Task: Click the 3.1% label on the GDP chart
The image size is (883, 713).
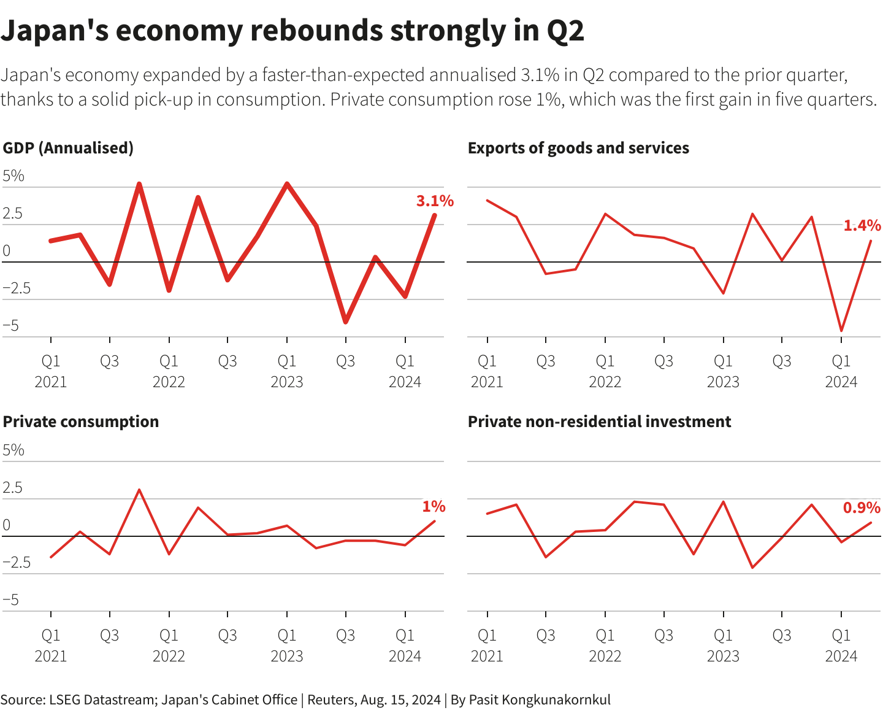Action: (435, 201)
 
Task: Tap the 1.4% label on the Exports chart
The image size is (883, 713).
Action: (862, 226)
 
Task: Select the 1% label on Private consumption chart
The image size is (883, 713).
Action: (434, 506)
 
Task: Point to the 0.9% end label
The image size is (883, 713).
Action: (862, 507)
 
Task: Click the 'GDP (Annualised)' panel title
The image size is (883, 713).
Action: (68, 148)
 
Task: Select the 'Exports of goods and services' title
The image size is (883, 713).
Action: (578, 148)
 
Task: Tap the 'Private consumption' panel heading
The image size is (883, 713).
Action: (81, 422)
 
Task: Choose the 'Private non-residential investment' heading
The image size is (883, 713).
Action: (599, 422)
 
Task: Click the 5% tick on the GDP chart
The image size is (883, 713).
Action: (13, 176)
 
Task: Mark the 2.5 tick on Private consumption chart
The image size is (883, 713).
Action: (12, 488)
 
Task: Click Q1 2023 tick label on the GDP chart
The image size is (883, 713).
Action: (287, 371)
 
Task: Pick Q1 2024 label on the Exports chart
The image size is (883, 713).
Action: (841, 371)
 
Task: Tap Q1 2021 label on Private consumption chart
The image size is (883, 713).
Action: (51, 645)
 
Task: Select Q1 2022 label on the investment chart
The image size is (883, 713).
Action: (605, 645)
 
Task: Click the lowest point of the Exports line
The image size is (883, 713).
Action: (841, 331)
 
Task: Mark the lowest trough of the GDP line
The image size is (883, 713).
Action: (346, 322)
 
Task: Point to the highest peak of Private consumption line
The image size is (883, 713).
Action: (139, 490)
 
